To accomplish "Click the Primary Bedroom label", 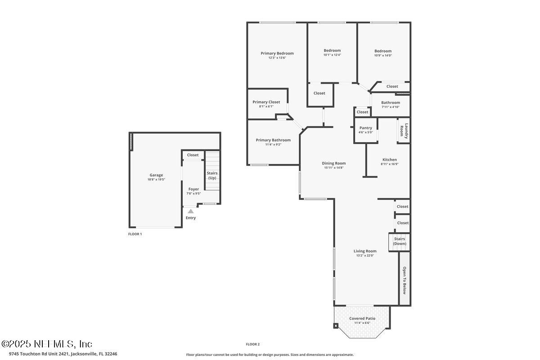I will click(x=277, y=53).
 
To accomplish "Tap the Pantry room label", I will click(x=365, y=128).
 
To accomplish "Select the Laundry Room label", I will click(x=406, y=130).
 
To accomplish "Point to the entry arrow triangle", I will click(x=191, y=211).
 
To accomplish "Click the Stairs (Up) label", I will click(x=211, y=175).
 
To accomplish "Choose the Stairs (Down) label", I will click(x=399, y=241).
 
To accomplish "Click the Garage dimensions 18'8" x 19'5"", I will click(x=156, y=180).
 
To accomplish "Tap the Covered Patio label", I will click(x=362, y=319).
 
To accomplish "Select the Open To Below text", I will click(x=405, y=280).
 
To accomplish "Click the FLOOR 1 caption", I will click(x=135, y=234).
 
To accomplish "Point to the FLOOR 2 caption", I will click(x=252, y=344).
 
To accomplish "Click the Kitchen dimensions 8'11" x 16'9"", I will click(x=390, y=164).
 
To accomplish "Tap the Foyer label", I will click(x=193, y=189).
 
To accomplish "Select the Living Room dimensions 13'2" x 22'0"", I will click(x=365, y=256).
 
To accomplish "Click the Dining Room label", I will click(x=333, y=163).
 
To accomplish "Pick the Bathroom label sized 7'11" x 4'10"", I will click(x=390, y=103).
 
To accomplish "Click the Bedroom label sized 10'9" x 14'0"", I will click(x=383, y=51).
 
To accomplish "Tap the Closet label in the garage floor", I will click(x=193, y=155).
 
